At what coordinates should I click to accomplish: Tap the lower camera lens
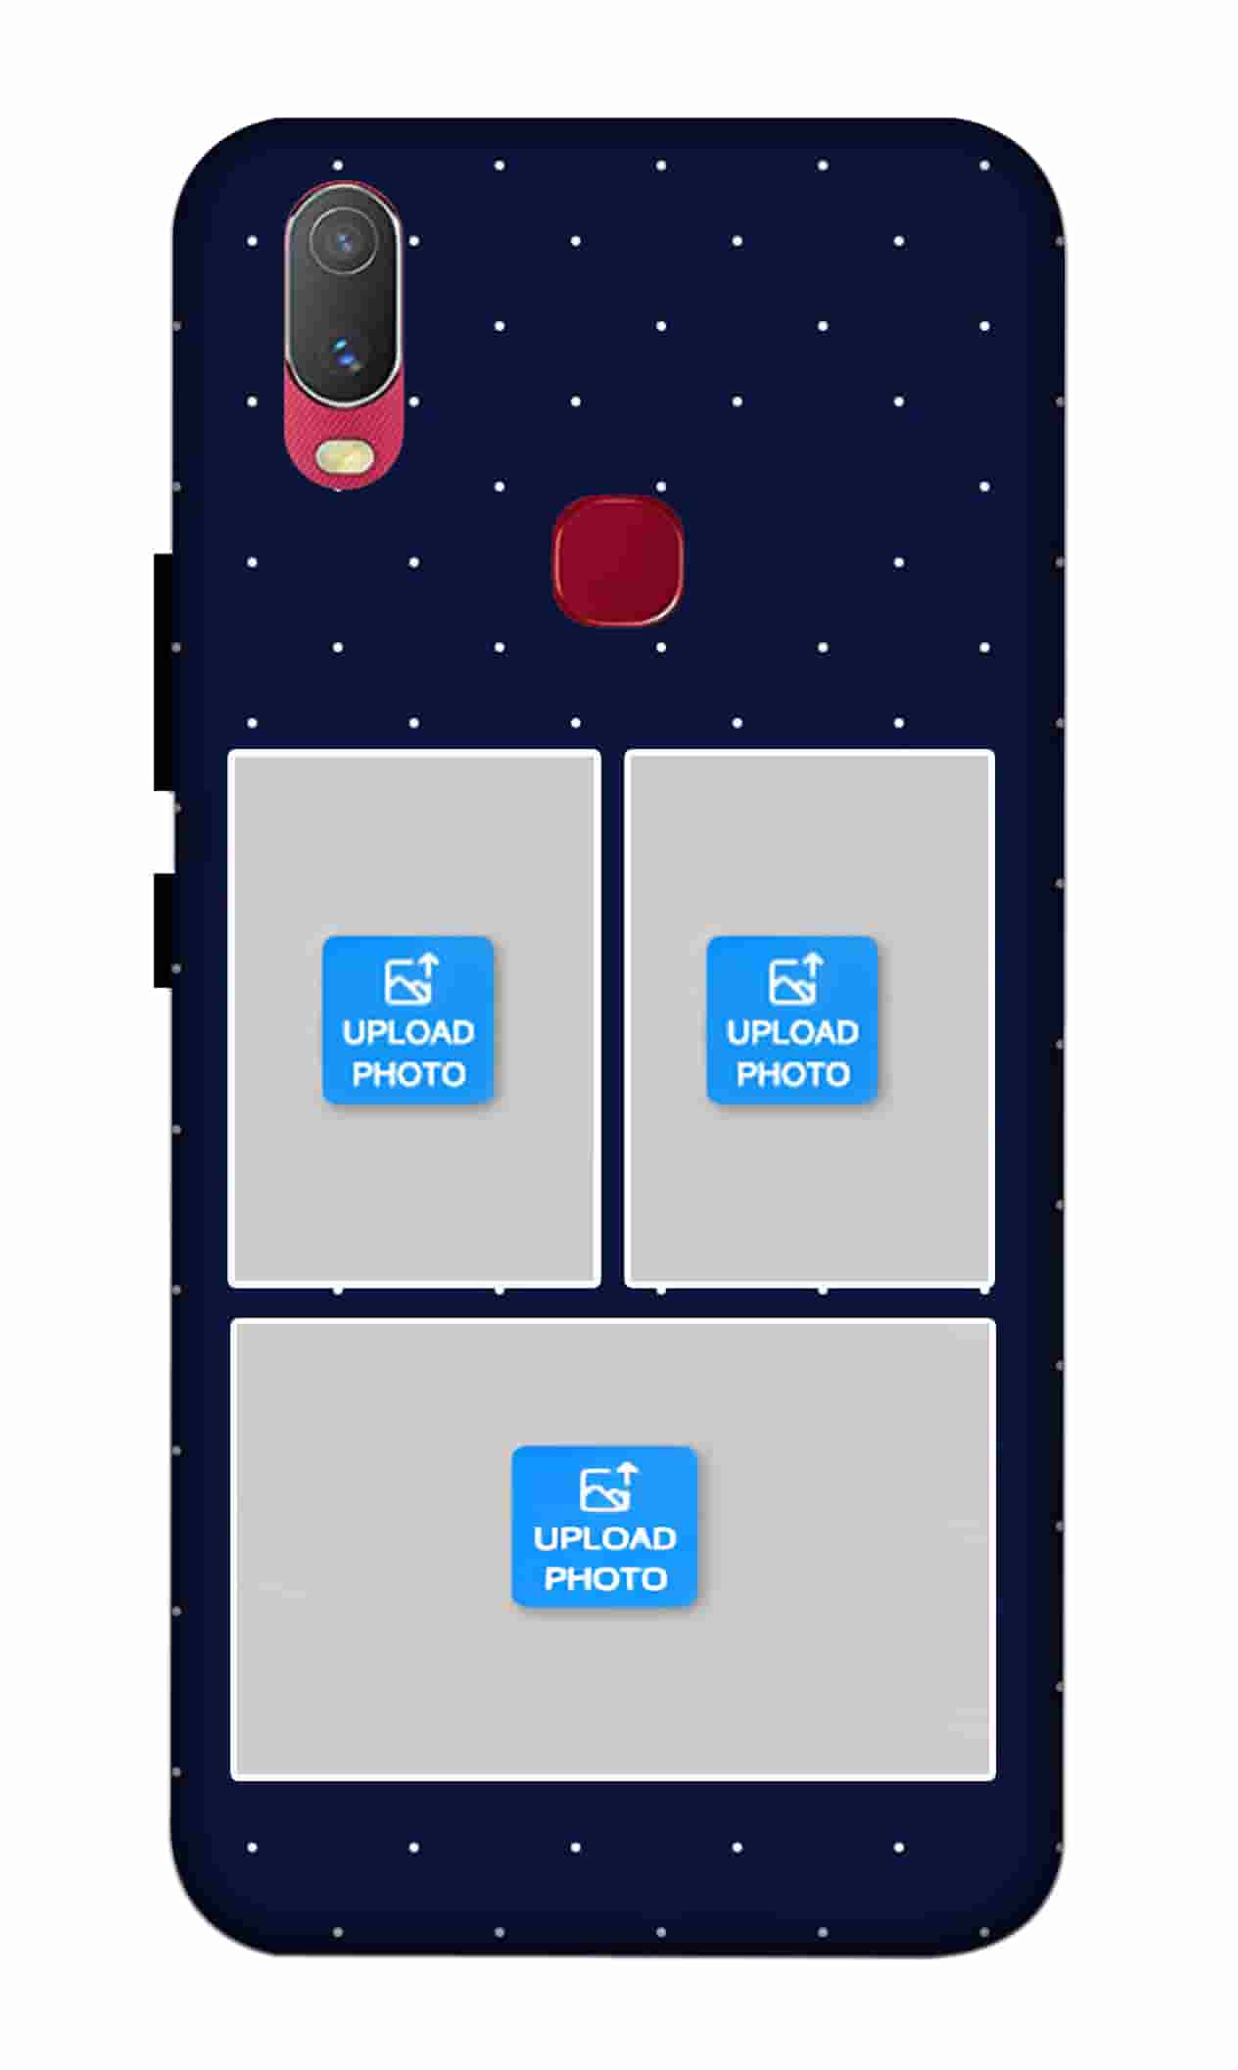(343, 353)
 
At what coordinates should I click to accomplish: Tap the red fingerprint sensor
(618, 559)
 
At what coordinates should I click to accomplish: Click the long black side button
(164, 672)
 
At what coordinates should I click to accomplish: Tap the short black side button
(164, 930)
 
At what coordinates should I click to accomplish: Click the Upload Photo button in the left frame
(408, 1020)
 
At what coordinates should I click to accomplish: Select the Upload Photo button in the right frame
(792, 1020)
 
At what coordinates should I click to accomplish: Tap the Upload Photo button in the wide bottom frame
(604, 1527)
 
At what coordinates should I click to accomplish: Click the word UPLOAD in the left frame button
(408, 1032)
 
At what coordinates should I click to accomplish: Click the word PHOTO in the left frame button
(408, 1074)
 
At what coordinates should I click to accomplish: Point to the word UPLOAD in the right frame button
(792, 1032)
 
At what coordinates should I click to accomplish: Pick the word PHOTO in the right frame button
(792, 1074)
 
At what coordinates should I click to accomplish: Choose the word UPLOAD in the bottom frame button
(604, 1538)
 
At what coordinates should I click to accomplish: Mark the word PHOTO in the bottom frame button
(605, 1578)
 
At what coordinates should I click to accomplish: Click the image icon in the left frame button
(411, 979)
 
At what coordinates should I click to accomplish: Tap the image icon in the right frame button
(795, 979)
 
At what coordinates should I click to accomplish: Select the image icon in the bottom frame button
(608, 1487)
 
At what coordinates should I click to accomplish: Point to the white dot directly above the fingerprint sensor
(661, 487)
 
